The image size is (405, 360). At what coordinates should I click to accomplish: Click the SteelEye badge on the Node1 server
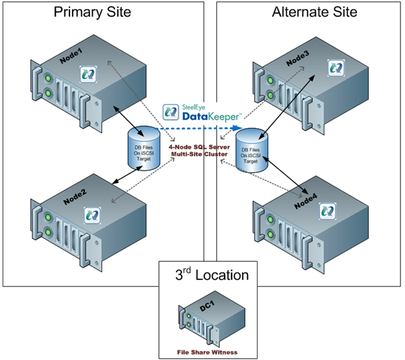pos(87,73)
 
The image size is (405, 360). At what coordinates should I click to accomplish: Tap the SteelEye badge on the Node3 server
pos(336,66)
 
